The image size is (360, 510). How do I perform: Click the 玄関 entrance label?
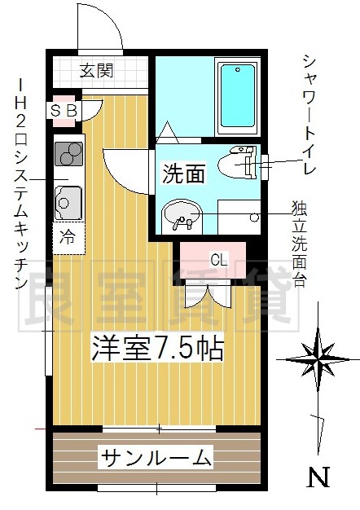coord(97,71)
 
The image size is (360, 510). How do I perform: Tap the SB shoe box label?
coord(64,111)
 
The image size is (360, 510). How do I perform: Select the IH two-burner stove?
coord(68,153)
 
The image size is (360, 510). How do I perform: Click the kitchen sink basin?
coord(68,203)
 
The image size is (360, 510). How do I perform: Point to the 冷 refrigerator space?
coord(68,237)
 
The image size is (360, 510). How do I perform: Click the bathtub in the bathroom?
coord(238,96)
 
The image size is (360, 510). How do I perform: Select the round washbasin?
coord(182,215)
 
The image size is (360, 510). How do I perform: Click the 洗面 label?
coord(184,174)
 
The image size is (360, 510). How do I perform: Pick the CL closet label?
coord(219,260)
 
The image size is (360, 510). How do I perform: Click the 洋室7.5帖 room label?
coord(157,349)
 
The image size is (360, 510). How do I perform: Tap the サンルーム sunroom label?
coord(156,458)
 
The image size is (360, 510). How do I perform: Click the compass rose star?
coord(318,359)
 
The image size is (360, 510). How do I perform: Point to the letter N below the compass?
coord(318,477)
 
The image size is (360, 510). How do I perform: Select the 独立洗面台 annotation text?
coord(299,244)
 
